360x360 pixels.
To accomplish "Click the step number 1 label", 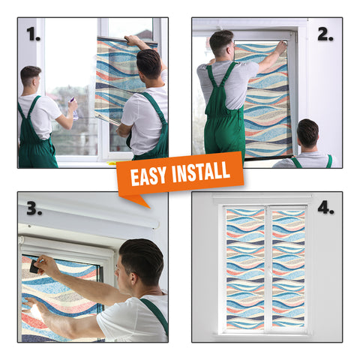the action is point(34,34).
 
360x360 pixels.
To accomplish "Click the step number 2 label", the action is point(325,34).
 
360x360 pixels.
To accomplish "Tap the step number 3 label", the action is point(34,208).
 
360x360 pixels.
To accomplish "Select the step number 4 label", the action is point(325,208).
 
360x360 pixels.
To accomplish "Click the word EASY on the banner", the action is point(148,176).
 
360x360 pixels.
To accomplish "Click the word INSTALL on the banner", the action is point(201,171).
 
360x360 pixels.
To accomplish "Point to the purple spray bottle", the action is point(74,108).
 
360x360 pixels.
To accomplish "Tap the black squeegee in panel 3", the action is point(34,266).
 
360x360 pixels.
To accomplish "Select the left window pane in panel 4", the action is point(245,268).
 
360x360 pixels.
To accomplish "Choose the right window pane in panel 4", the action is point(288,268).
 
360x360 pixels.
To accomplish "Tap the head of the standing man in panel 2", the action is point(222,43).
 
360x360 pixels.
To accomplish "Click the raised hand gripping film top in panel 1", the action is point(133,40).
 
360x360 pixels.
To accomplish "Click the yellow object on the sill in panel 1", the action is point(112,163).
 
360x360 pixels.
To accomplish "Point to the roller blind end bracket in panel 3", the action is point(22,241).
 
